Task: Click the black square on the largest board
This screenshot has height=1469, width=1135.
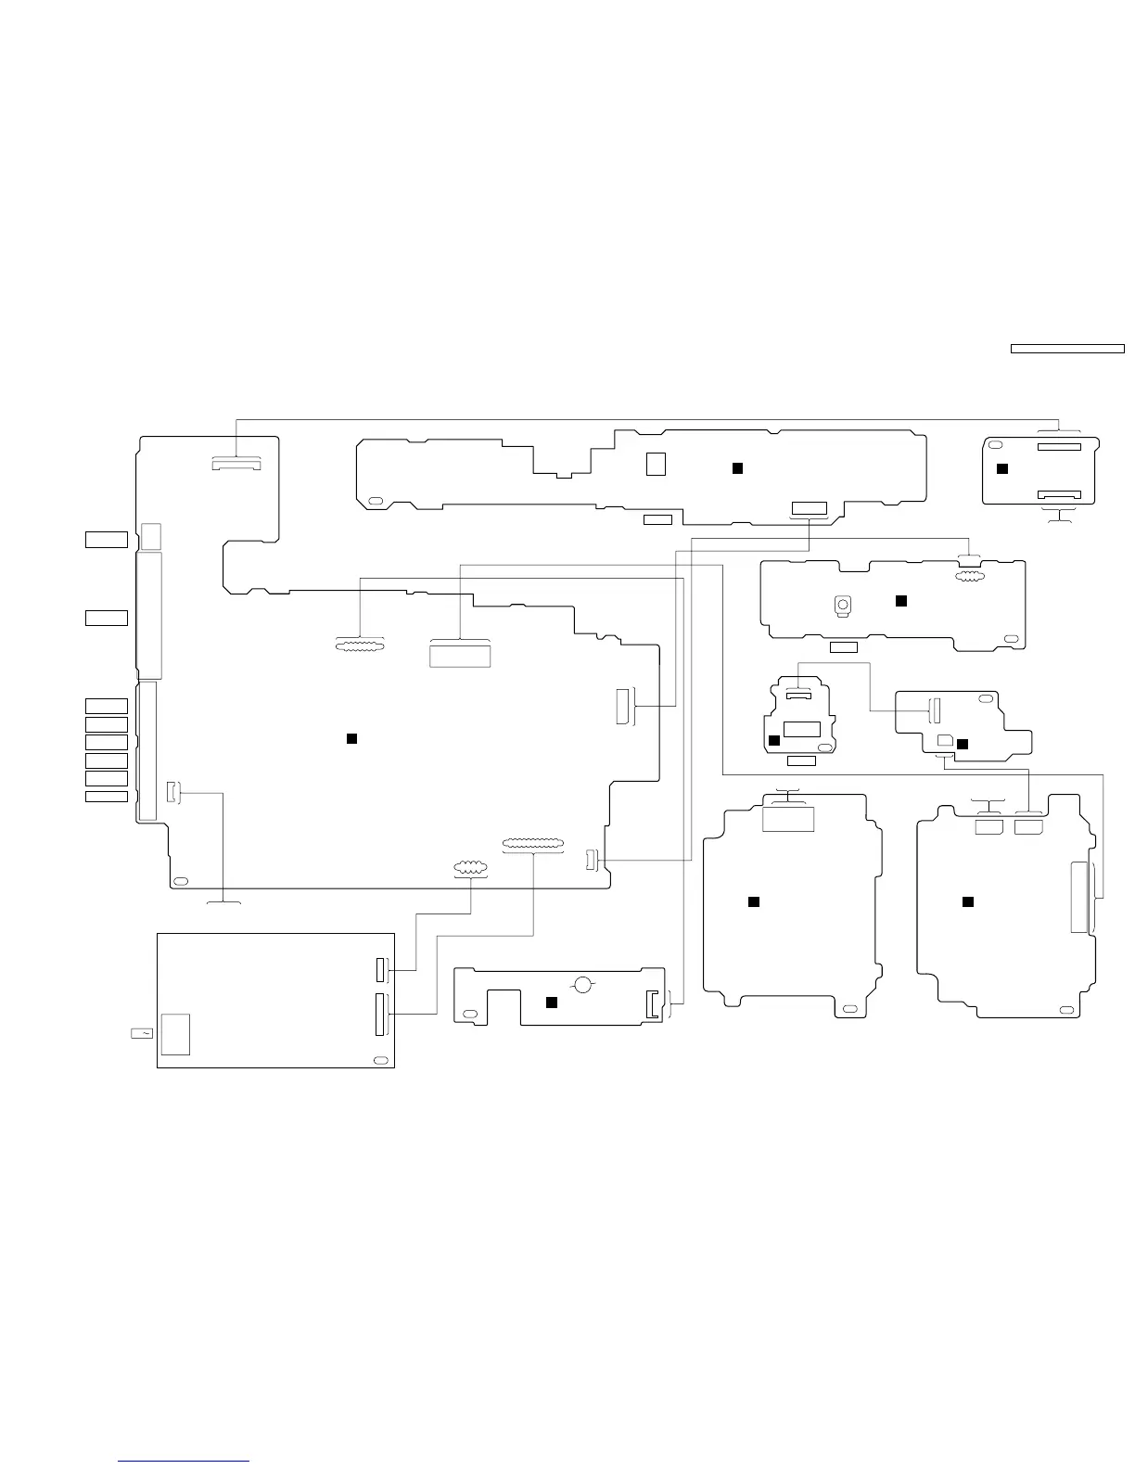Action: coord(351,738)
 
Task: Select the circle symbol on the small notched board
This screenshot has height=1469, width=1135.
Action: coord(583,984)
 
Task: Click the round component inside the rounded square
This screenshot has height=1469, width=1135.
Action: coord(843,605)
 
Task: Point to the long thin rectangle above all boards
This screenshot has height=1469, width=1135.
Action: coord(1066,349)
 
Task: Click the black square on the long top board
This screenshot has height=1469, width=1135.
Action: coord(737,468)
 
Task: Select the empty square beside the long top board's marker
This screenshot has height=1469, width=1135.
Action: coord(656,464)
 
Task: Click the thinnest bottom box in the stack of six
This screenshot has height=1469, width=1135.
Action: coord(107,797)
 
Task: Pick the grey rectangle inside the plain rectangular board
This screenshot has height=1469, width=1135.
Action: coord(175,1034)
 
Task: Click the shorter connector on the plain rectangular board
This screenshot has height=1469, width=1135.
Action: coord(379,969)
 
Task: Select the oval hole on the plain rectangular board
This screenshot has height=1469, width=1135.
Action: coord(379,1060)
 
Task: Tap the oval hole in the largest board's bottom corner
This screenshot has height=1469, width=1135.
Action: coord(181,880)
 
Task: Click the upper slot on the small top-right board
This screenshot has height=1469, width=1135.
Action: coord(1058,447)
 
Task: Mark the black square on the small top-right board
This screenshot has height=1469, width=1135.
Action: coord(1001,468)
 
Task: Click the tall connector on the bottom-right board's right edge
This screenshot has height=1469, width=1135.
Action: coord(1078,897)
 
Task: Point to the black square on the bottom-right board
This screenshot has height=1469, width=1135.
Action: coord(967,901)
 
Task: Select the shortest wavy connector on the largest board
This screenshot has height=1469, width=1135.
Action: coord(470,869)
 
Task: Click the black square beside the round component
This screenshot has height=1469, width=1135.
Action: coord(899,601)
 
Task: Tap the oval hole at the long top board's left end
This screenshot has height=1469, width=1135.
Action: coord(376,501)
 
